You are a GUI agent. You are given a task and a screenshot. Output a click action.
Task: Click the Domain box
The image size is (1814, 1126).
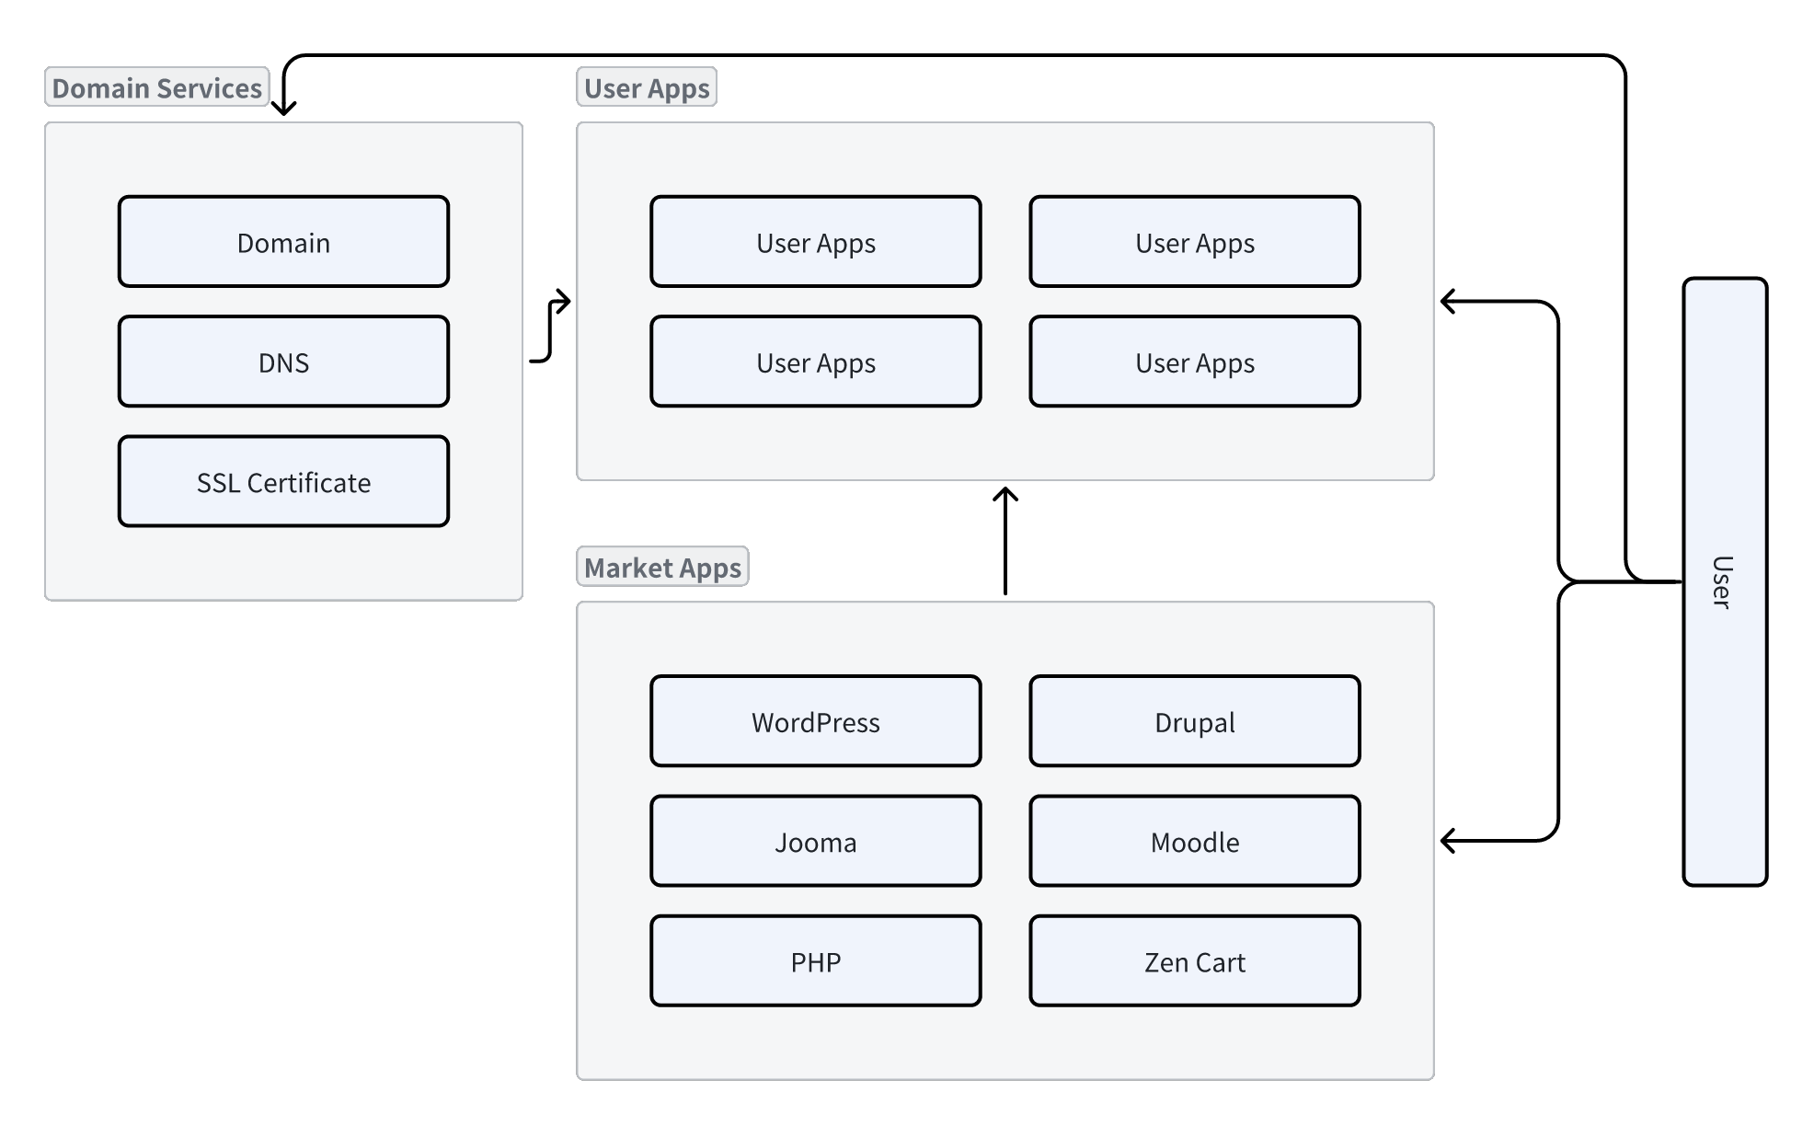(x=283, y=242)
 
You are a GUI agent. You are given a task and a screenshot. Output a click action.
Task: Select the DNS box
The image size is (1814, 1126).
(x=283, y=362)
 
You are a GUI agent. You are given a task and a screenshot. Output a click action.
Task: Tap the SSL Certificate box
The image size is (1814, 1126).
(x=283, y=481)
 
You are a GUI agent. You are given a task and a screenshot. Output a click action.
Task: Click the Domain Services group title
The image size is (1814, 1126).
(x=156, y=87)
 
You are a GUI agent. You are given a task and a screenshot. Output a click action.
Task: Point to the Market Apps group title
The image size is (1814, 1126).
(x=662, y=567)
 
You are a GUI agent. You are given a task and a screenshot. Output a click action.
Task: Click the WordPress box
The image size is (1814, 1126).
(x=815, y=721)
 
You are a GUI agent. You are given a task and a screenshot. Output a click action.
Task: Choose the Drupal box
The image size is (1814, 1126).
(x=1194, y=721)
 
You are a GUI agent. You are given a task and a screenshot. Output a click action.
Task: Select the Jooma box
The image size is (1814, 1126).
(x=815, y=841)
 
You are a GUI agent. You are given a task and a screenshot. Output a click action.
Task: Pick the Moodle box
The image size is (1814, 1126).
(x=1194, y=841)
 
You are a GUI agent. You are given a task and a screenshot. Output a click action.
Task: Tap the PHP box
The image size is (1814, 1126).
(x=815, y=960)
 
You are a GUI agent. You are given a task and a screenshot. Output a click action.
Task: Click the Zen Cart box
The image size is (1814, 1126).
(x=1194, y=960)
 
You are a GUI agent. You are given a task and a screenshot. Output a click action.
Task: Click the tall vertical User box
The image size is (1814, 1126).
(x=1724, y=581)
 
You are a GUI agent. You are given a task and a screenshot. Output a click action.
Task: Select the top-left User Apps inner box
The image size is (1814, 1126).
(x=815, y=242)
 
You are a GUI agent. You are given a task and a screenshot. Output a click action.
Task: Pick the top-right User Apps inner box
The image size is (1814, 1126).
(x=1194, y=242)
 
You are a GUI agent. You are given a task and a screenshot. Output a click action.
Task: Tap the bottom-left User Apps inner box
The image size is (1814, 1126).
(x=815, y=362)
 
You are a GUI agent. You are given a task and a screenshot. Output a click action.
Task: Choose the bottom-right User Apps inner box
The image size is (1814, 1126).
(x=1194, y=362)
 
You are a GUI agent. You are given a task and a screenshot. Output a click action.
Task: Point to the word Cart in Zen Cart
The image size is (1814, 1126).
(x=1221, y=962)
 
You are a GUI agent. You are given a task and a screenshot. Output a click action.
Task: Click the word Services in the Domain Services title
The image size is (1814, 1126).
(x=210, y=88)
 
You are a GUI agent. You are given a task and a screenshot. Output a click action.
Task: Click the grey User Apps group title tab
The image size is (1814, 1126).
(x=647, y=87)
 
